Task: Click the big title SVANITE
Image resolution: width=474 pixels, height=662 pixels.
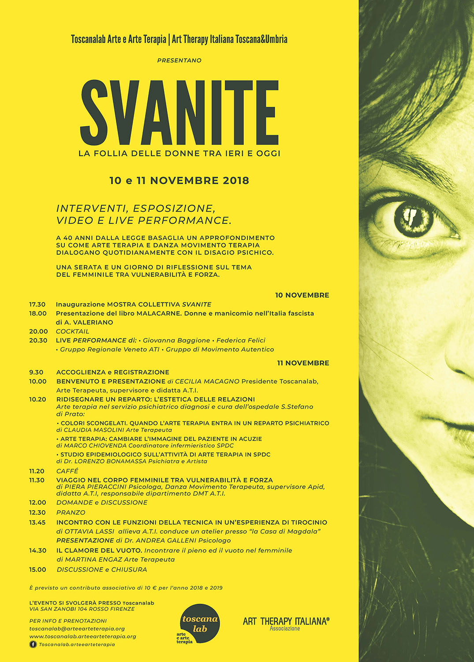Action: (179, 113)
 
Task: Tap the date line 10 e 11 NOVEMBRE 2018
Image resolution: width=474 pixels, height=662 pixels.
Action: (179, 181)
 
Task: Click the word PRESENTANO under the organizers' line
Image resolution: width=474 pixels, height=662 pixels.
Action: (179, 60)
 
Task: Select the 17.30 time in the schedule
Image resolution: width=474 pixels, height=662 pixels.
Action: (37, 305)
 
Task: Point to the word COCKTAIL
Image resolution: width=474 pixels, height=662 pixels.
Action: (72, 331)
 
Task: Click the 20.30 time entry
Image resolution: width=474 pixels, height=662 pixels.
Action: (38, 340)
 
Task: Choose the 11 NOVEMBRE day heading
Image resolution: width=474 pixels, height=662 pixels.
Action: (303, 363)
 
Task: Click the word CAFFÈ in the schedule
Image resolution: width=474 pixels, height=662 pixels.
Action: (67, 471)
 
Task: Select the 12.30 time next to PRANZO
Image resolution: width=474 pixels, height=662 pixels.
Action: (37, 512)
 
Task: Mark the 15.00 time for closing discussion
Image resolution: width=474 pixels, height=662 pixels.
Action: (37, 570)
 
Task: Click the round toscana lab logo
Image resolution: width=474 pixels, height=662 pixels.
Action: (200, 624)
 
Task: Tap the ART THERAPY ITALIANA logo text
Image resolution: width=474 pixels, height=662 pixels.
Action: (286, 621)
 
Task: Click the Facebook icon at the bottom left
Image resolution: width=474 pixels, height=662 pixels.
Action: (33, 644)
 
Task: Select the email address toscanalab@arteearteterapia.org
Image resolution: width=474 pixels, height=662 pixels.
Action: (77, 628)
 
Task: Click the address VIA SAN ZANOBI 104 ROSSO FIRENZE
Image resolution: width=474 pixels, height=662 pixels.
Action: (82, 609)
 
